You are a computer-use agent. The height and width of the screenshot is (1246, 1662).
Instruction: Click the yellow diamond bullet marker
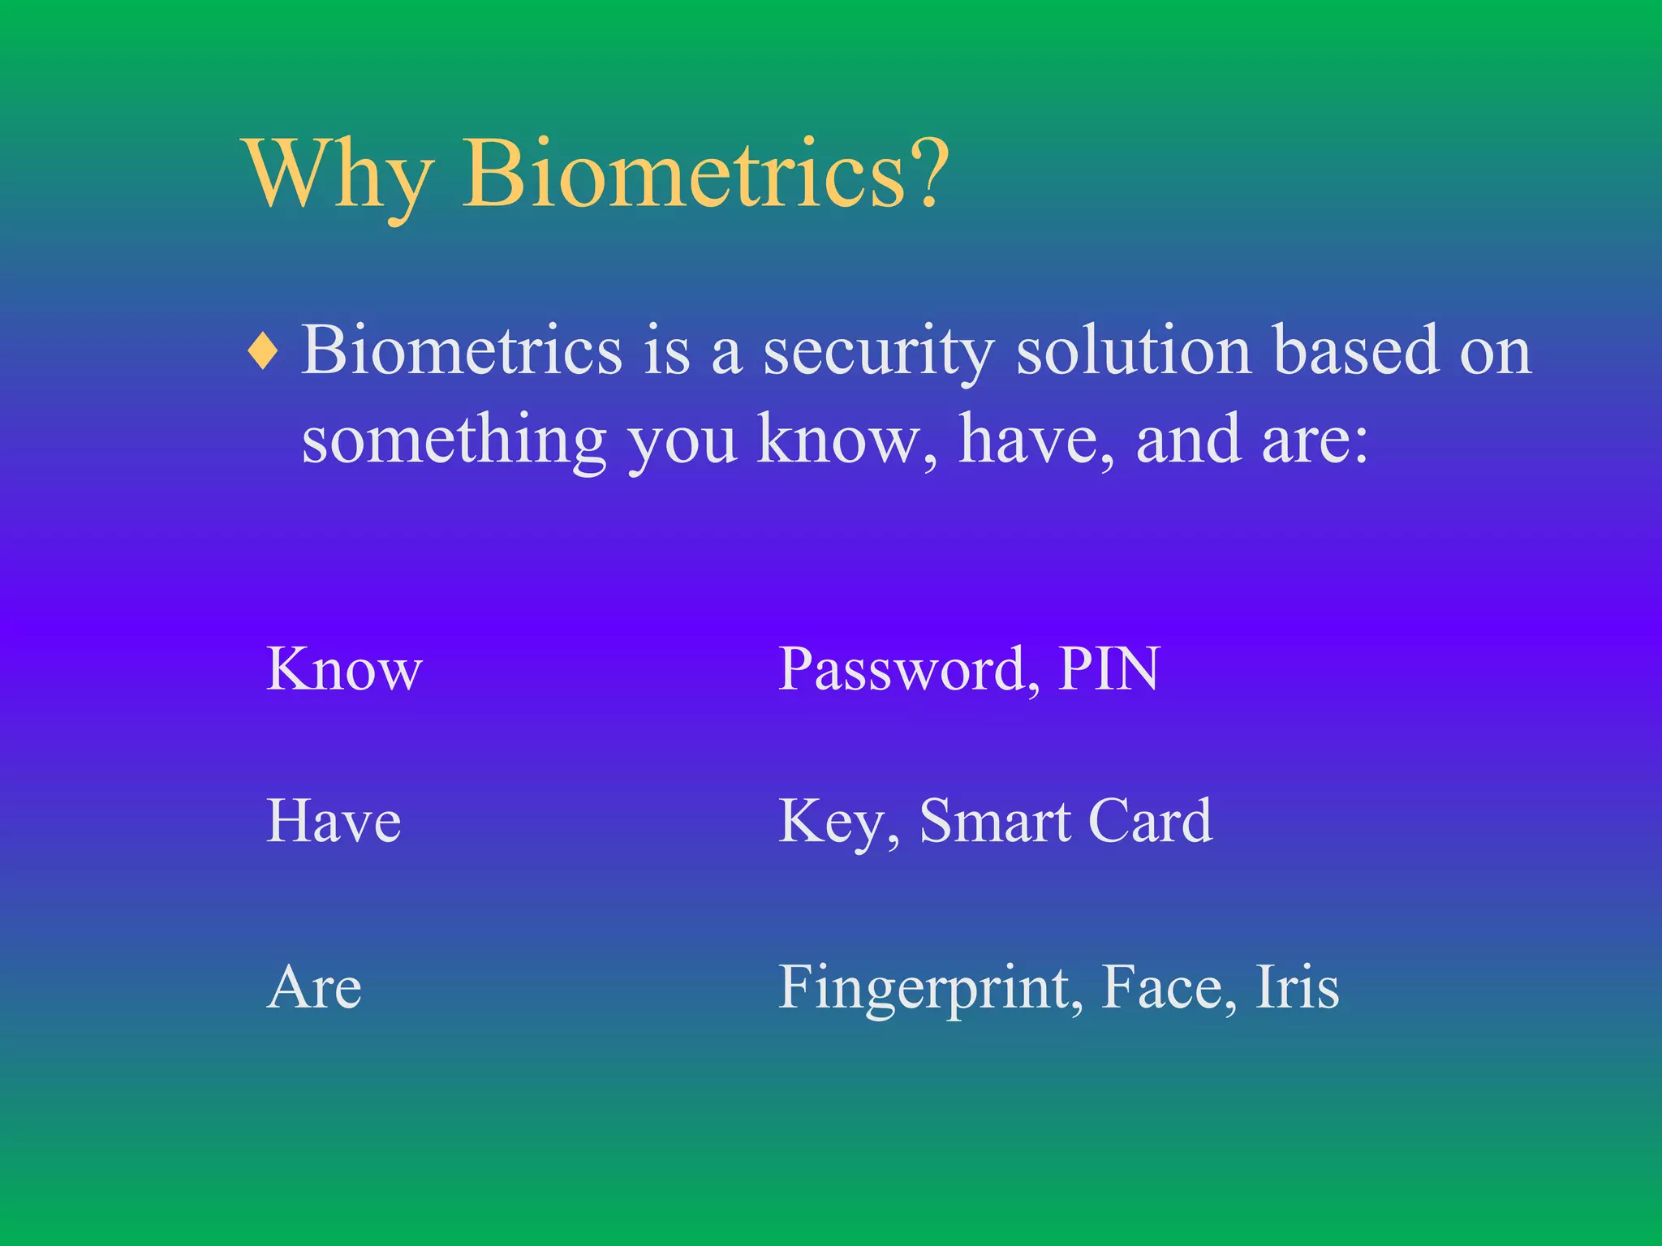pyautogui.click(x=264, y=352)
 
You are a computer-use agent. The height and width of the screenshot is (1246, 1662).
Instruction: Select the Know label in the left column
pyautogui.click(x=344, y=670)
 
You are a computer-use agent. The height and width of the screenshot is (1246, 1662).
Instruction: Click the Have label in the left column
pyautogui.click(x=334, y=822)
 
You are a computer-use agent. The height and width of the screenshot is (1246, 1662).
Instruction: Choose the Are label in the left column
pyautogui.click(x=314, y=988)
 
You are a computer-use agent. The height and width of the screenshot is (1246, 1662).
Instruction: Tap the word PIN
pyautogui.click(x=1109, y=669)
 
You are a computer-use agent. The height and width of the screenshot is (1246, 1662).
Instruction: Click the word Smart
pyautogui.click(x=994, y=822)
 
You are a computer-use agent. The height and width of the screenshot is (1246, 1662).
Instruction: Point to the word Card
pyautogui.click(x=1149, y=822)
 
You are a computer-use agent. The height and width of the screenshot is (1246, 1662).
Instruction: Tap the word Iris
pyautogui.click(x=1297, y=988)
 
